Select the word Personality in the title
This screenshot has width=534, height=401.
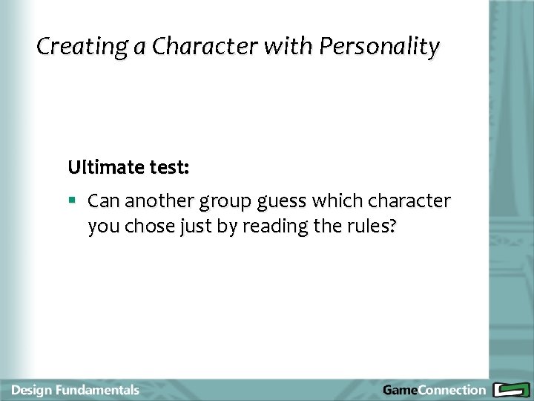click(379, 47)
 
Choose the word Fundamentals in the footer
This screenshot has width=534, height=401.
click(100, 390)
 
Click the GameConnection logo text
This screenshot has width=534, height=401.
click(434, 390)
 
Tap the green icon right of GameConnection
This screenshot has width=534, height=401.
click(510, 390)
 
